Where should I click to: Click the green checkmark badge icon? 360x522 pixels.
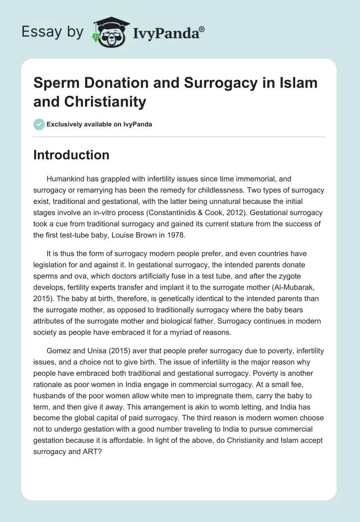(39, 124)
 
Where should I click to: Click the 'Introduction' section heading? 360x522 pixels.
(72, 155)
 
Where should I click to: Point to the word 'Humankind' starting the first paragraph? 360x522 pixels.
(66, 179)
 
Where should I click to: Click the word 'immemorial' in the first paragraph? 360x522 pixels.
(258, 179)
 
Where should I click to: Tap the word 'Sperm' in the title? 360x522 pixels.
(54, 83)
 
